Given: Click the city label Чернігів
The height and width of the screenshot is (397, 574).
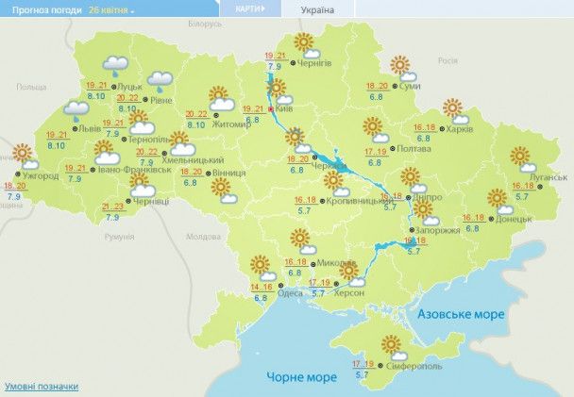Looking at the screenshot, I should coord(314,62).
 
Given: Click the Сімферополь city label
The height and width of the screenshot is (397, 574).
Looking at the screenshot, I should coord(413,364).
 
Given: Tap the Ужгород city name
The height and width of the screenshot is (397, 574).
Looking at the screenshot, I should coord(40,176).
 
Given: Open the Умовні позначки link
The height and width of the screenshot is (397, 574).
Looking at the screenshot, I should coord(42,387).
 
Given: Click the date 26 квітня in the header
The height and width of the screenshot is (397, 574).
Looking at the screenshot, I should coord(110,8).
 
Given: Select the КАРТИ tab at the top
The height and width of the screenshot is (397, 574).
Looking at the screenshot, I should coord(243,8).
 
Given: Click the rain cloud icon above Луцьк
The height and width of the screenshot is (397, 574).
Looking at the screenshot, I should coord(116,65).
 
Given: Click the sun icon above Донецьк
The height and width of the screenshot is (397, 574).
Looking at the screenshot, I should coord(498,198).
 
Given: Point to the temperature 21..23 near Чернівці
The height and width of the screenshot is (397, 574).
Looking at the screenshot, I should coord(112,207).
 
